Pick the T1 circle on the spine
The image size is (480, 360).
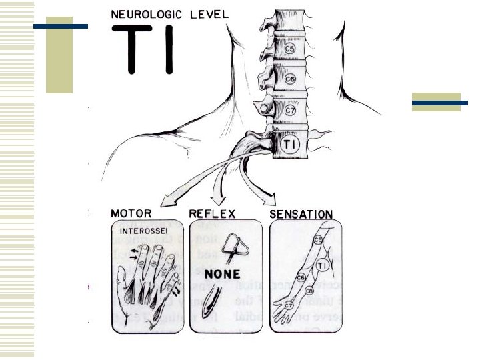(291, 144)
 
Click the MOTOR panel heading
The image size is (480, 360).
(131, 214)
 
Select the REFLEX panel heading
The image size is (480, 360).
(212, 214)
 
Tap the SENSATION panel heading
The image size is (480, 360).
(301, 214)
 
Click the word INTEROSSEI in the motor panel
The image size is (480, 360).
(141, 231)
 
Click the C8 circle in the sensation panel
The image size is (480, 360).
(309, 291)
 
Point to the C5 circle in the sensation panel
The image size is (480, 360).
(318, 239)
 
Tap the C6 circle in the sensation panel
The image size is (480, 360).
(301, 277)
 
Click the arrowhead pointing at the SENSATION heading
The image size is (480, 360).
(271, 200)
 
